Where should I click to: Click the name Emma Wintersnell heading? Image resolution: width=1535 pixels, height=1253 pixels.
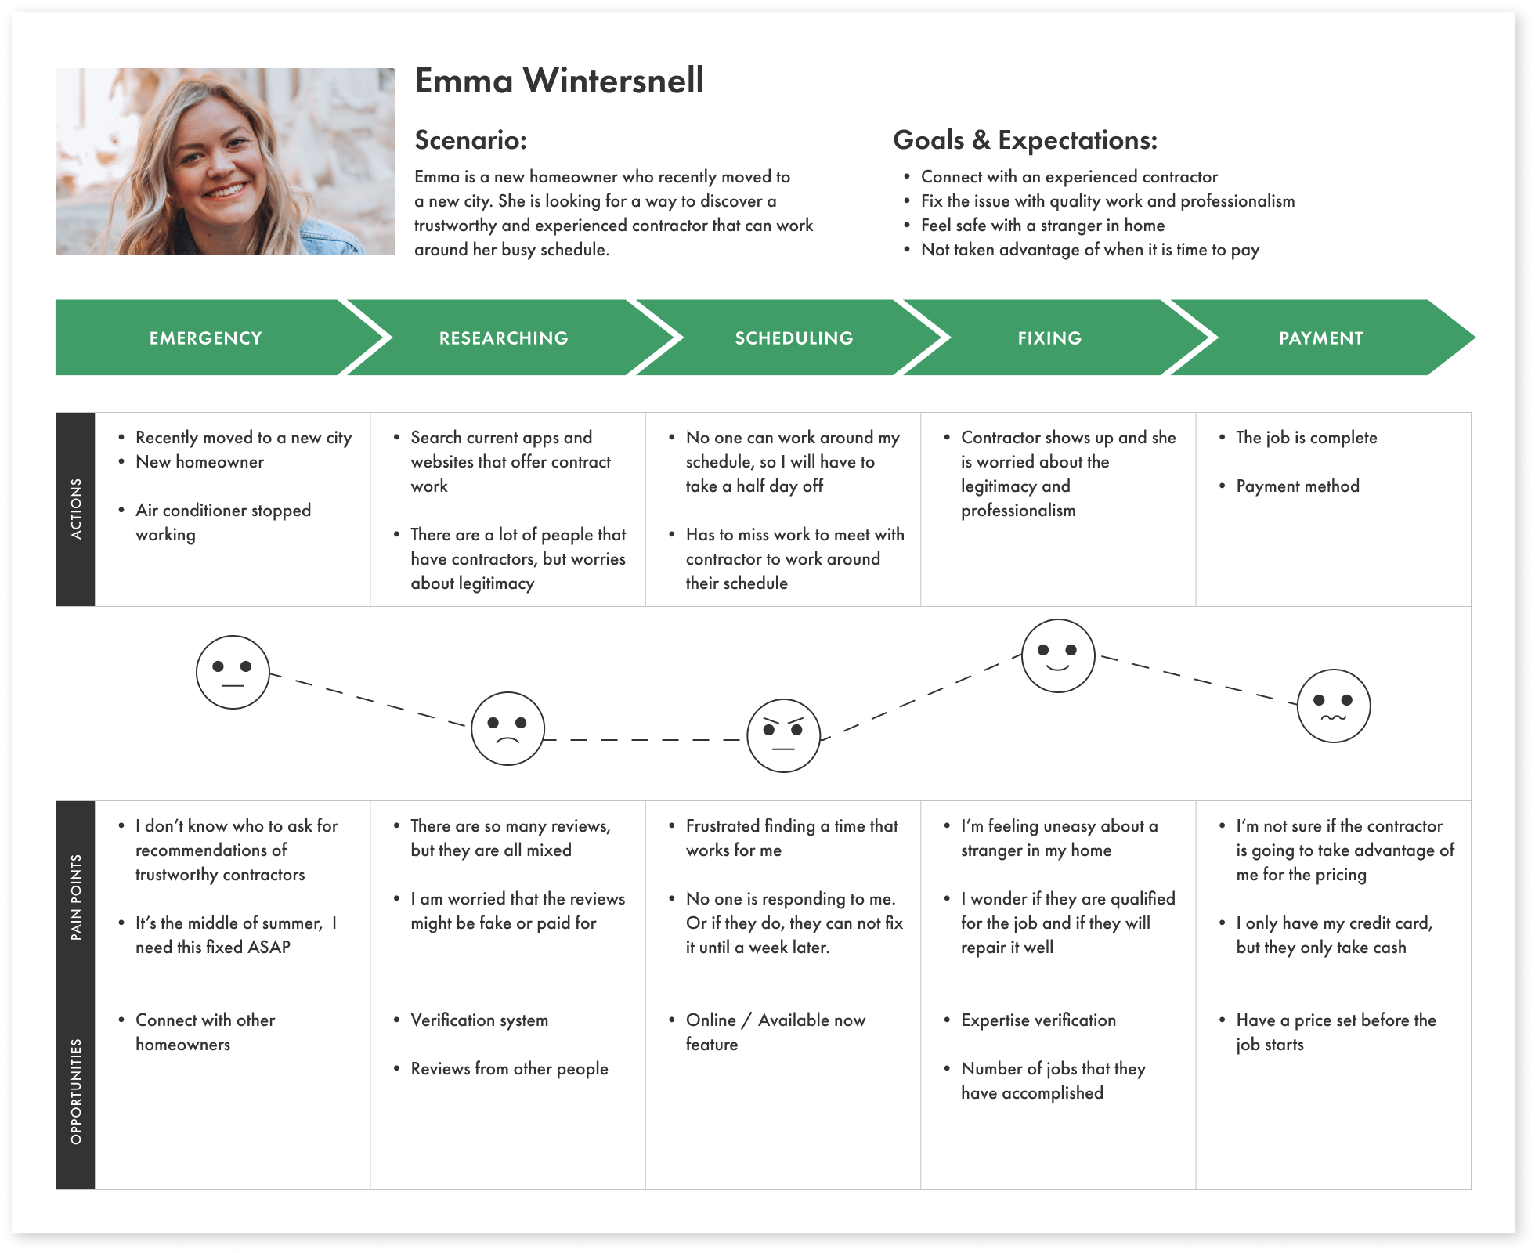[559, 81]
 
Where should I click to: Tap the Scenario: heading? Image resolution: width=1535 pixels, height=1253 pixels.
[471, 140]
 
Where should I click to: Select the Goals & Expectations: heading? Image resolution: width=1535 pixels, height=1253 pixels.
[1024, 140]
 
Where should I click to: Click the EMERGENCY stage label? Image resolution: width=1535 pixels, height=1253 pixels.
[206, 338]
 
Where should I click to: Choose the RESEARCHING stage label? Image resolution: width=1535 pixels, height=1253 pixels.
[504, 338]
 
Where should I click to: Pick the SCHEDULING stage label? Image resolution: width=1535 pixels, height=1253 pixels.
[794, 338]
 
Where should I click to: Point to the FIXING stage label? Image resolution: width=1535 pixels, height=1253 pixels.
[1049, 338]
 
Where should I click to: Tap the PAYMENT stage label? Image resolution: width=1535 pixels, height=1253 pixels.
[1320, 338]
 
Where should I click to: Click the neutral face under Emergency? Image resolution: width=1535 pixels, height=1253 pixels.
[233, 673]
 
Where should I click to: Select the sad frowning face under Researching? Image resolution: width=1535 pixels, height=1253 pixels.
[507, 728]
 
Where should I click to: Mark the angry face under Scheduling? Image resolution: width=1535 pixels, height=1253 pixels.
[783, 736]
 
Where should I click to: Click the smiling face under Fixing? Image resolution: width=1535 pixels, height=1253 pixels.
[1058, 656]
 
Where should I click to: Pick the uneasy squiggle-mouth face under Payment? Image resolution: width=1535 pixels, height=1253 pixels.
[1334, 706]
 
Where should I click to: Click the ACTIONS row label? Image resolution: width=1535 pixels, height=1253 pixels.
[76, 509]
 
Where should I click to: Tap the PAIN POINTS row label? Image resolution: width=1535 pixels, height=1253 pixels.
[76, 897]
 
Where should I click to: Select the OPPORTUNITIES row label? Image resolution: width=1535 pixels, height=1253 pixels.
[76, 1092]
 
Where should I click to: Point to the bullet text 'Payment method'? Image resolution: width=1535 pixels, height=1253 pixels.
[1297, 486]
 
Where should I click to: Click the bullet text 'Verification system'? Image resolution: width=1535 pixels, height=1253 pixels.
[479, 1020]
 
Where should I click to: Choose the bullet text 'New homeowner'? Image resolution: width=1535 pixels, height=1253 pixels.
[200, 462]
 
